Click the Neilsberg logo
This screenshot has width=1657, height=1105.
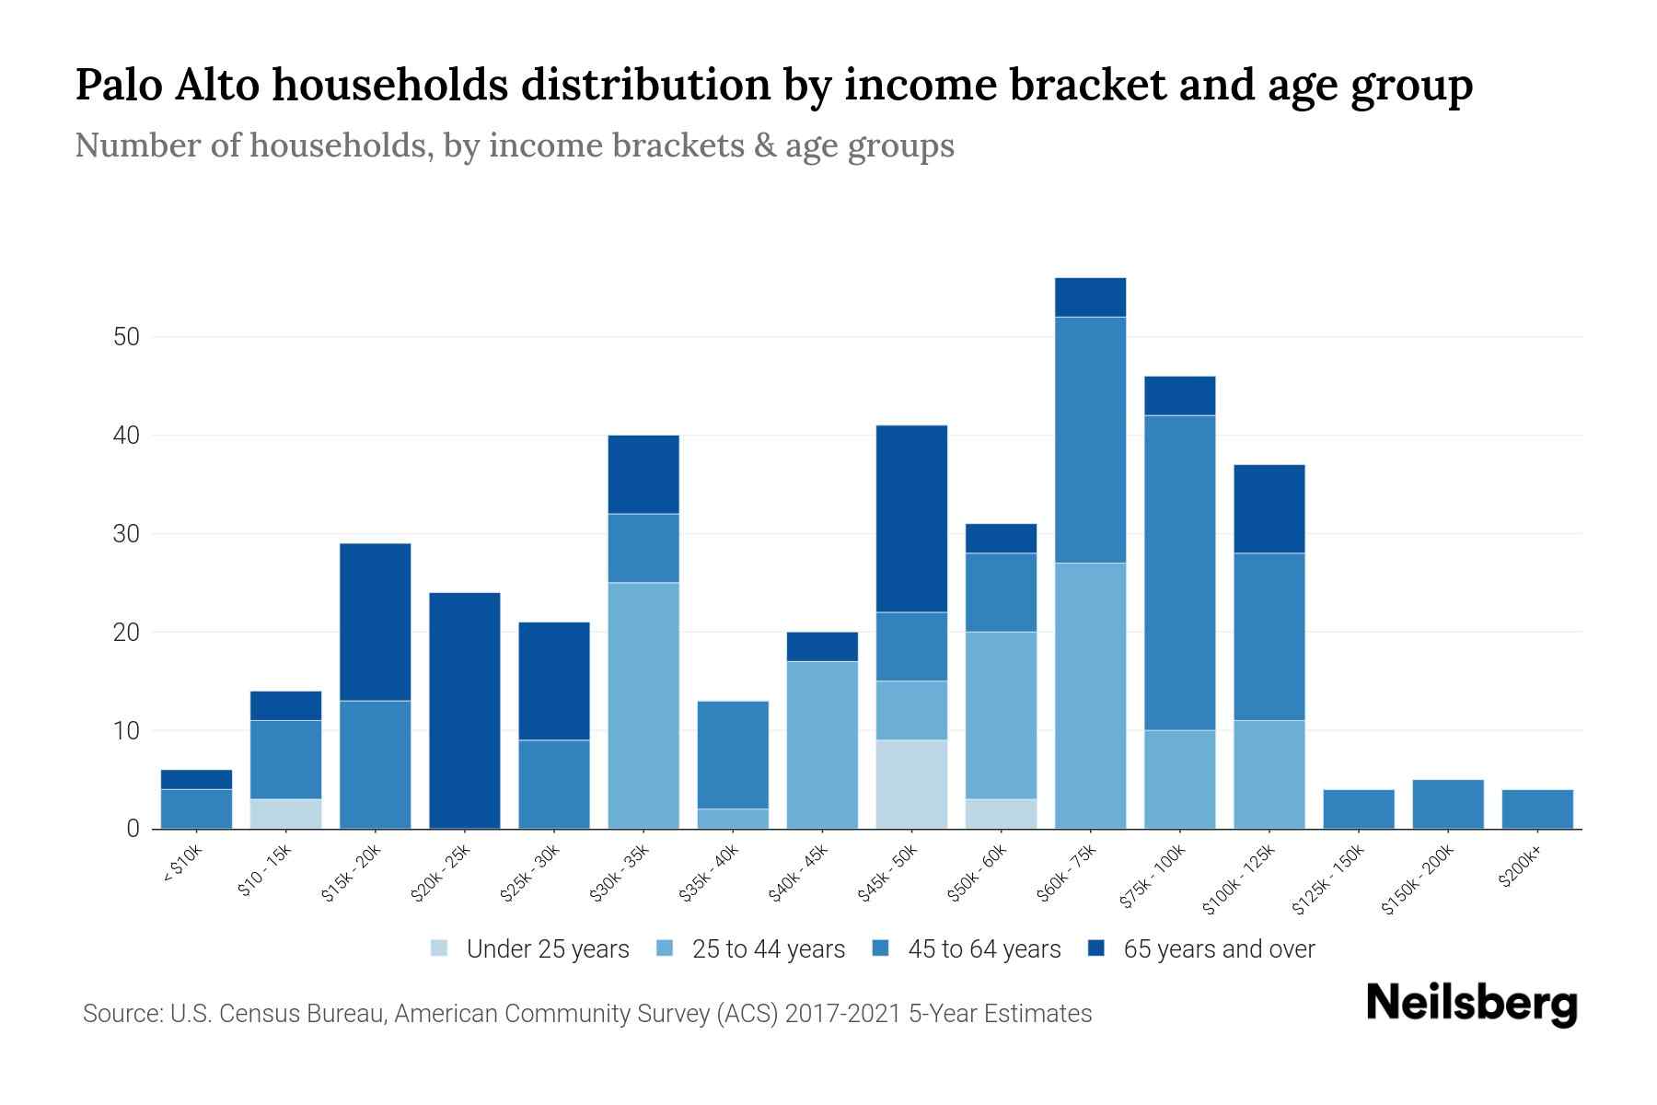pyautogui.click(x=1471, y=1004)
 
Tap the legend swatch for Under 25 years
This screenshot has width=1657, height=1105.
pyautogui.click(x=440, y=948)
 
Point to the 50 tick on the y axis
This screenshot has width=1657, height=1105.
pyautogui.click(x=126, y=337)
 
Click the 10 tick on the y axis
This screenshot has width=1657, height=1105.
pyautogui.click(x=126, y=731)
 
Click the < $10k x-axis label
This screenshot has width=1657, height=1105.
pyautogui.click(x=182, y=865)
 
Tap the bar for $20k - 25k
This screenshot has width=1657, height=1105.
pyautogui.click(x=465, y=710)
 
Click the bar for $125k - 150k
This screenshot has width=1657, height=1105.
pyautogui.click(x=1359, y=809)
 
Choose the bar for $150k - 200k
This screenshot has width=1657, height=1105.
pyautogui.click(x=1448, y=805)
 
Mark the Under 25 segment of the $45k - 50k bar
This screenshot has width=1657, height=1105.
pyautogui.click(x=911, y=785)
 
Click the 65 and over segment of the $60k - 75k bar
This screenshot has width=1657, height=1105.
pyautogui.click(x=1090, y=297)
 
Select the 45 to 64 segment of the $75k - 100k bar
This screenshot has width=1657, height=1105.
pyautogui.click(x=1179, y=573)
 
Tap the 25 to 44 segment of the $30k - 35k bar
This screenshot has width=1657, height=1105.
pyautogui.click(x=643, y=705)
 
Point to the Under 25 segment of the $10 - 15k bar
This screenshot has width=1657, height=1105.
pyautogui.click(x=285, y=814)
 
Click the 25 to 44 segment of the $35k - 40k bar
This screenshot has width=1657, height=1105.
pyautogui.click(x=733, y=819)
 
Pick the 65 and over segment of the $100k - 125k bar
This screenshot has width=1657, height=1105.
pyautogui.click(x=1269, y=509)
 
